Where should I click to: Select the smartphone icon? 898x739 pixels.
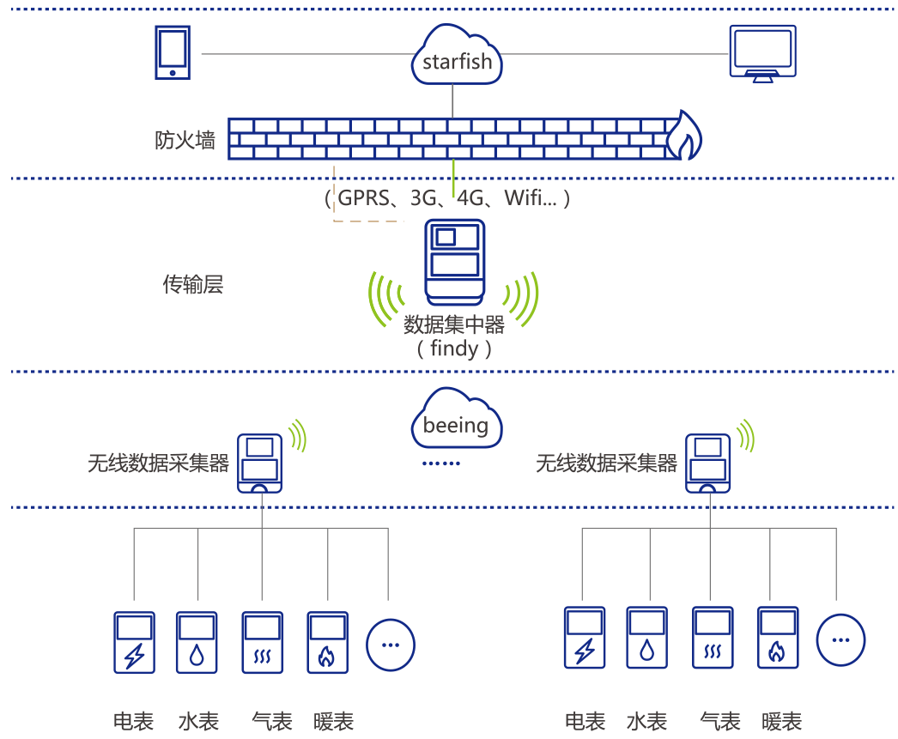point(173,52)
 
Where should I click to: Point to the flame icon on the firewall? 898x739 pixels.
point(685,135)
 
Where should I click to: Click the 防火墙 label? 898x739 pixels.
point(185,140)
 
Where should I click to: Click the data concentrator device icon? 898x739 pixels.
point(455,263)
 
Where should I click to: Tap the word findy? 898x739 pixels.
point(454,348)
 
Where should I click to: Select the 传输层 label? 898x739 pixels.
point(193,284)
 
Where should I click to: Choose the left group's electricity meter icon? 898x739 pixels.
point(135,643)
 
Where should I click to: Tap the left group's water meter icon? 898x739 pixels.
point(197,643)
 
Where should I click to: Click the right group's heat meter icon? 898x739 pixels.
point(778,638)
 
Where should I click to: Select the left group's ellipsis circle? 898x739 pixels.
point(391,643)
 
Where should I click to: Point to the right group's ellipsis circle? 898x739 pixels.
point(840,639)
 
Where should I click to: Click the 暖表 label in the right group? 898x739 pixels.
point(781,721)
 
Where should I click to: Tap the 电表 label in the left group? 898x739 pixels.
point(134,721)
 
